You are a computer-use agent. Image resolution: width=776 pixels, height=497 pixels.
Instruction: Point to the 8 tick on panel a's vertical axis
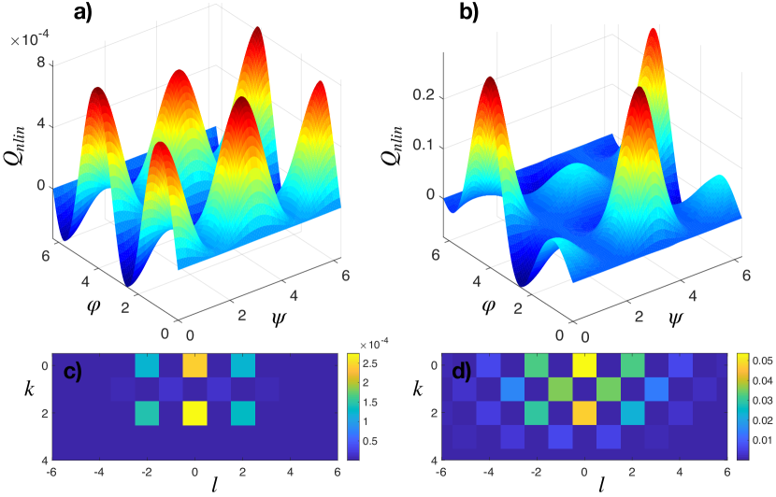(x=40, y=64)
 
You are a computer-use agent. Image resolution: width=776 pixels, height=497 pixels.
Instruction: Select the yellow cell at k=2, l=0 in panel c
(x=194, y=412)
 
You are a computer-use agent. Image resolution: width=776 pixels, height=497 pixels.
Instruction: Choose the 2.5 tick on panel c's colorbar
(x=373, y=362)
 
